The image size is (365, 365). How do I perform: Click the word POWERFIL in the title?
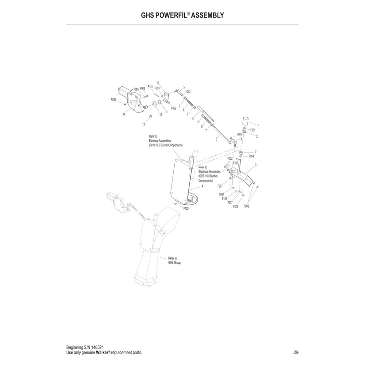[x=172, y=16]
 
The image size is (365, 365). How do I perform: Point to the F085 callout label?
[x=136, y=89]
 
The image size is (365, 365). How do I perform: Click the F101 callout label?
[x=151, y=87]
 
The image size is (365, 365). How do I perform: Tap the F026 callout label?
[x=113, y=99]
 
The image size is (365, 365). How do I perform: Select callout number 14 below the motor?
[x=124, y=115]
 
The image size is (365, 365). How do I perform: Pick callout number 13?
[x=143, y=124]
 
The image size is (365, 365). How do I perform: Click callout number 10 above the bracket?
[x=158, y=83]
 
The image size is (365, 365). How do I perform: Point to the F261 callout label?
[x=253, y=130]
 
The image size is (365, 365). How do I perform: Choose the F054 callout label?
[x=251, y=156]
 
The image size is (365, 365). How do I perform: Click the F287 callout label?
[x=220, y=186]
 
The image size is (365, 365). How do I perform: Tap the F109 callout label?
[x=235, y=163]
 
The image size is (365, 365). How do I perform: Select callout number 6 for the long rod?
[x=216, y=139]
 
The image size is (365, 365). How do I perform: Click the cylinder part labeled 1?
[x=245, y=121]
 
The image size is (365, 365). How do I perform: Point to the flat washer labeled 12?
[x=154, y=103]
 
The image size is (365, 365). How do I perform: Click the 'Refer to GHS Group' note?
[x=174, y=261]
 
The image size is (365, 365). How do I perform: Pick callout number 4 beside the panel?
[x=203, y=186]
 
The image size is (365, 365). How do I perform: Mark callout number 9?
[x=193, y=119]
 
